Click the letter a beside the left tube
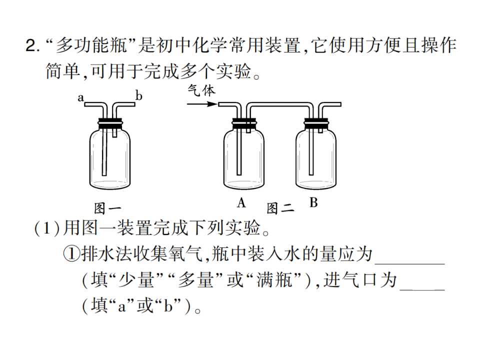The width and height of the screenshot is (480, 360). pyautogui.click(x=80, y=98)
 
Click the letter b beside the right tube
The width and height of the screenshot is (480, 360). pyautogui.click(x=139, y=96)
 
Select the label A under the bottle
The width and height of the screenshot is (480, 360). pyautogui.click(x=241, y=202)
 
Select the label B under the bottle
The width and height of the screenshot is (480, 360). pyautogui.click(x=313, y=202)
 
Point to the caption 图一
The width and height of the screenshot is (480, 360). pyautogui.click(x=107, y=208)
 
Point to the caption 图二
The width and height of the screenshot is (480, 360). pyautogui.click(x=280, y=208)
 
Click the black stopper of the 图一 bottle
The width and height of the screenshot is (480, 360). pyautogui.click(x=110, y=122)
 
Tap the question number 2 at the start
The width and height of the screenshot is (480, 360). pyautogui.click(x=31, y=45)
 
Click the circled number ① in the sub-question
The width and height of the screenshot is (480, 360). pyautogui.click(x=71, y=254)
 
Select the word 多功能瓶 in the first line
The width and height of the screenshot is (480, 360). pyautogui.click(x=91, y=45)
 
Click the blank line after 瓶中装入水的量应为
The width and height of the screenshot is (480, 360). pyautogui.click(x=409, y=263)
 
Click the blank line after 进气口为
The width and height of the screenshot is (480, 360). pyautogui.click(x=422, y=288)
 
